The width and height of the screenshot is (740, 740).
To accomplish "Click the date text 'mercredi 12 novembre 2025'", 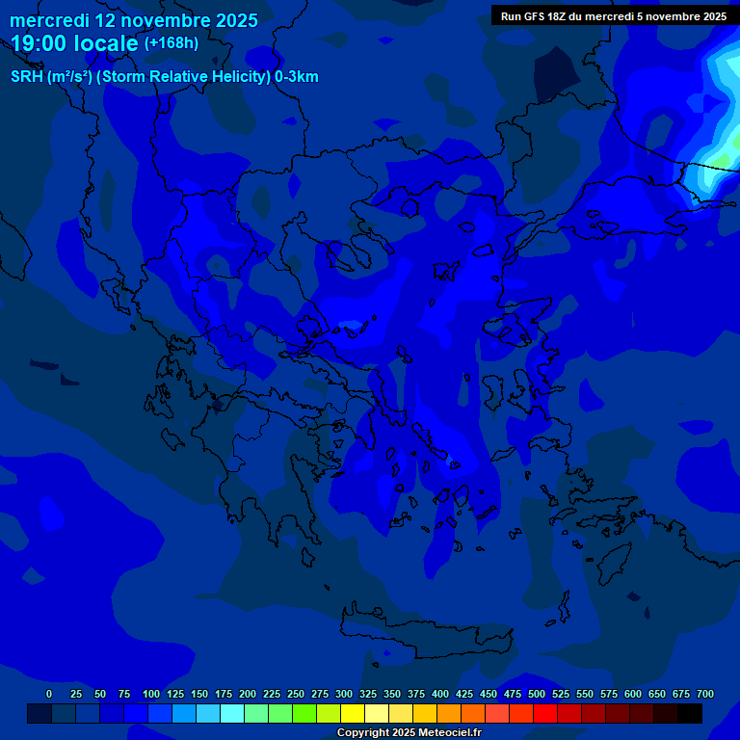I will point(134,20).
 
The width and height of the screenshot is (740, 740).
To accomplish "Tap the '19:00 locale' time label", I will point(75,43).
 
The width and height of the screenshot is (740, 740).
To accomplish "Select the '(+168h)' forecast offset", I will point(171,43).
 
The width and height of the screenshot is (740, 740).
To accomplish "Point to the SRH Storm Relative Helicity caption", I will point(165,77).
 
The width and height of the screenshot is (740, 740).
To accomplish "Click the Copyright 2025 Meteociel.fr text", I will point(409,733).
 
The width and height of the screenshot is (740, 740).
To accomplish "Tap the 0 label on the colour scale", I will point(49,694).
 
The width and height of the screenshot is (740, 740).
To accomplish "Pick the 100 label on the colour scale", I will point(151,694).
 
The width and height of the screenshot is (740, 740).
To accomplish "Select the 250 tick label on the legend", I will point(296,694).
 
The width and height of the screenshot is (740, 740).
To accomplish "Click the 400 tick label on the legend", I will point(440,694).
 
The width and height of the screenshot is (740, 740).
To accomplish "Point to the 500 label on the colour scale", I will point(537,694).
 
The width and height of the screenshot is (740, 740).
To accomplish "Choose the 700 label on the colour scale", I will point(705,694).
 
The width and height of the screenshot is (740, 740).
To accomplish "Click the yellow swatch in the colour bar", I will point(353,714).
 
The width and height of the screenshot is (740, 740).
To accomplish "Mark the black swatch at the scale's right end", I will point(690,714).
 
